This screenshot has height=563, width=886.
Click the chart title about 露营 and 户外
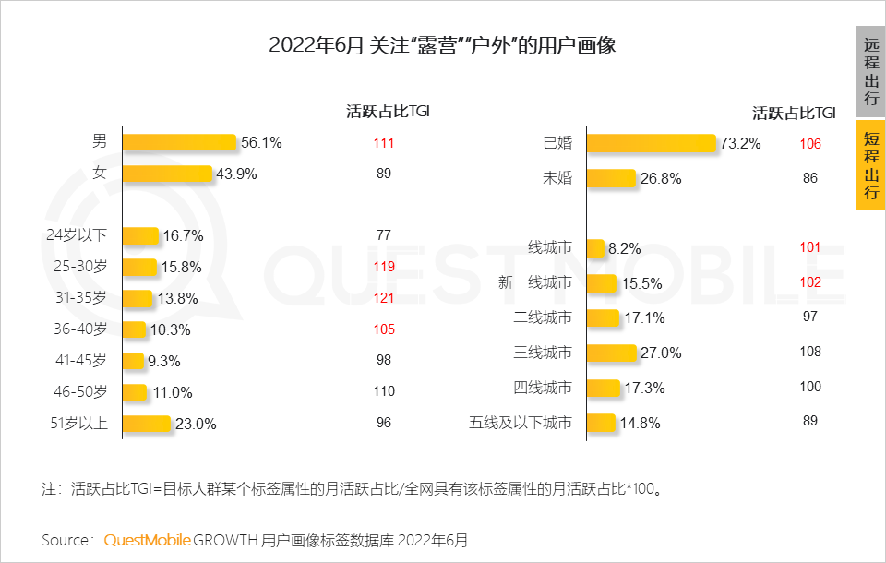point(442,45)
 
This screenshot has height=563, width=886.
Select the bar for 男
point(179,142)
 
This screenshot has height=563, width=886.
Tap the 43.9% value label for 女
point(236,174)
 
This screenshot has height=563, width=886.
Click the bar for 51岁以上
point(147,424)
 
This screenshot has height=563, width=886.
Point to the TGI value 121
point(384,298)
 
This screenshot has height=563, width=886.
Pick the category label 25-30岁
point(81,268)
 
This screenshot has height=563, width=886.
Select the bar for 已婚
point(651,143)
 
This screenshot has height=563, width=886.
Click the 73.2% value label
point(741,144)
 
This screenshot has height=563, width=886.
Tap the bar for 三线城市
point(611,353)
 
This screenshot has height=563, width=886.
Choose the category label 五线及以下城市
point(521,424)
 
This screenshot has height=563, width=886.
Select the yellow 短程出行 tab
point(870,166)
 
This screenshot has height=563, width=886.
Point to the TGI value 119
point(384,267)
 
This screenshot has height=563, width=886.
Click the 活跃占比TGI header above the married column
point(794,114)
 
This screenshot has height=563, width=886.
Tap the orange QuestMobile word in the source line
point(147,539)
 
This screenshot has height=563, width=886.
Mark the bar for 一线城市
point(595,248)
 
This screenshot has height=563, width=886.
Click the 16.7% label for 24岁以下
point(183,236)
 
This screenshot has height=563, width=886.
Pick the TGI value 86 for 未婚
point(809,178)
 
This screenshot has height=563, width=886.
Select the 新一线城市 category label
point(534,282)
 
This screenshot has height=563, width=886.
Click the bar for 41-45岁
point(133,361)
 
